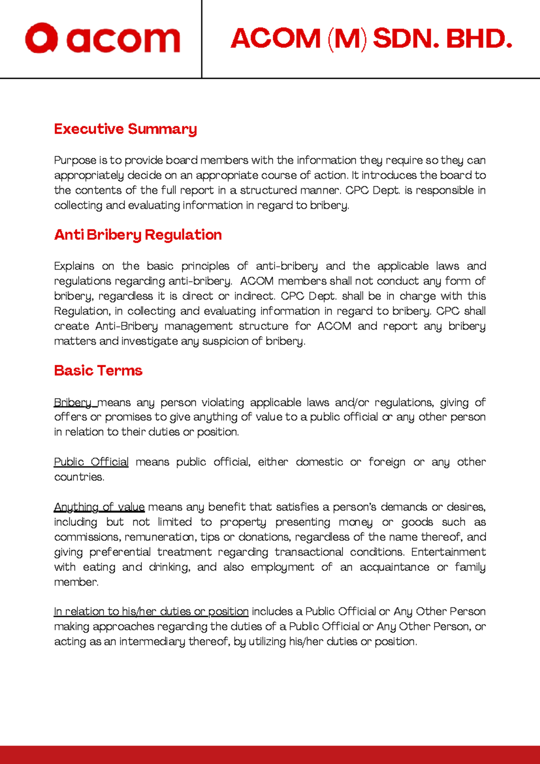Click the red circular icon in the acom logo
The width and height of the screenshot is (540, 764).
pos(41,38)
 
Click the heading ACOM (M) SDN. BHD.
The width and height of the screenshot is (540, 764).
pos(371,39)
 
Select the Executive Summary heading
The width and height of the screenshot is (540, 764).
pos(126,129)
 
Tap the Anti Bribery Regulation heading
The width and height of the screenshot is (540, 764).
pos(138,235)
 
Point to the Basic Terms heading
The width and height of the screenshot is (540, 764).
pos(98,371)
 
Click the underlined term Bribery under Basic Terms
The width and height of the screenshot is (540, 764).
pos(72,402)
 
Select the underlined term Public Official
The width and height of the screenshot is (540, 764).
pos(91,462)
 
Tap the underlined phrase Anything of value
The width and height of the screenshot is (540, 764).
pos(99,507)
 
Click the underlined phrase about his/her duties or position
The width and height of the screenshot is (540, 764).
pos(151,611)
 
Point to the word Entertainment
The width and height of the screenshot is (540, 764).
pos(448,552)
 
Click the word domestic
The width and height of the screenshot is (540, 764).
pos(319,462)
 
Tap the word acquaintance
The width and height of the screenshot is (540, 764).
pos(394,567)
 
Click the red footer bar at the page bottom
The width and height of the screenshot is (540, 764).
pos(270,754)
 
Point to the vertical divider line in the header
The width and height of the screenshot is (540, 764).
pos(202,39)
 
